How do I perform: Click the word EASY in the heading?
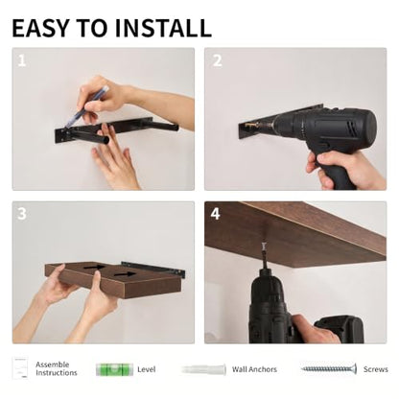click(x=40, y=28)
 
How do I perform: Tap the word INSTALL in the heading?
click(x=163, y=28)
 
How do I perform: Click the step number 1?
click(x=21, y=60)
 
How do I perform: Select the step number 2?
click(x=218, y=60)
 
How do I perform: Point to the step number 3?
click(x=22, y=214)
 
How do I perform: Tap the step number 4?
click(x=215, y=214)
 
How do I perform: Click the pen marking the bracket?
click(x=86, y=107)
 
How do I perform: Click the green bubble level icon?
click(x=114, y=369)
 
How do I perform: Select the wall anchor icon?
click(x=204, y=369)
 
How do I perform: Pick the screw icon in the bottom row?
click(x=329, y=369)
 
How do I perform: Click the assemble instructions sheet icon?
click(x=20, y=368)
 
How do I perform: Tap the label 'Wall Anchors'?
click(x=254, y=369)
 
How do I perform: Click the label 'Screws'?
click(x=376, y=369)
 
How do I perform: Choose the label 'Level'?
click(x=147, y=369)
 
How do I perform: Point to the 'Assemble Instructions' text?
click(x=57, y=368)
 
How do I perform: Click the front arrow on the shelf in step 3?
click(x=125, y=274)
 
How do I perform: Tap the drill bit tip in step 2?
click(x=248, y=125)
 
